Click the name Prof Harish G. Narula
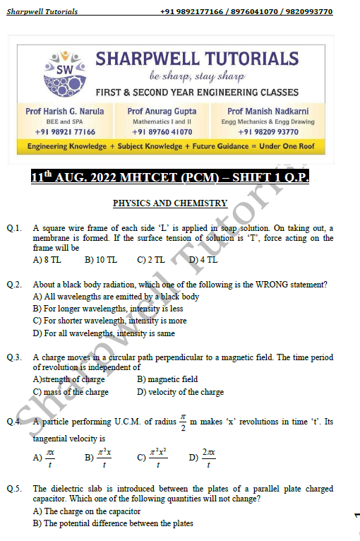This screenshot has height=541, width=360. click(64, 111)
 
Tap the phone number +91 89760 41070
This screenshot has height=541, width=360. click(162, 131)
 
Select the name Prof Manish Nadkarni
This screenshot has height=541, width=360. click(263, 111)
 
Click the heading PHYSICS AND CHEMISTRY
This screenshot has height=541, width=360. click(170, 203)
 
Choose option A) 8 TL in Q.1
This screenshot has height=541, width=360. click(47, 260)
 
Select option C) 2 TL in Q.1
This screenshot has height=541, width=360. click(151, 260)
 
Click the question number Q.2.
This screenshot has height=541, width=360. click(15, 285)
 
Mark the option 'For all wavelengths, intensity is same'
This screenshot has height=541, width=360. click(104, 333)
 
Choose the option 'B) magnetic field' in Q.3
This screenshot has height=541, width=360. click(167, 379)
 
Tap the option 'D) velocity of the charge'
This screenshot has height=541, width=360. click(180, 392)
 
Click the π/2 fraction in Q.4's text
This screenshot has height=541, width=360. click(182, 422)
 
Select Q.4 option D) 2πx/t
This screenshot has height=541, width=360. click(202, 459)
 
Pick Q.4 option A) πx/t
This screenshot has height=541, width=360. click(44, 459)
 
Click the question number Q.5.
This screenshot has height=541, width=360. click(15, 489)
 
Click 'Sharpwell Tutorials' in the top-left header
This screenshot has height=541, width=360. click(42, 12)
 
